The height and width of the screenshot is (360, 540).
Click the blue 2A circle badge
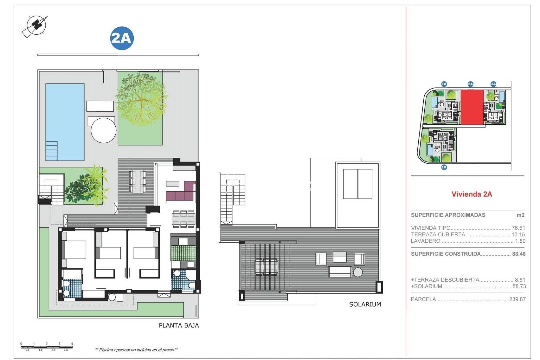(122, 38)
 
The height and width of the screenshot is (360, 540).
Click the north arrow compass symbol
(35, 26)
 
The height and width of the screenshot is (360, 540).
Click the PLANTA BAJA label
(179, 326)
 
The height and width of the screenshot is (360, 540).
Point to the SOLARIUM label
(365, 304)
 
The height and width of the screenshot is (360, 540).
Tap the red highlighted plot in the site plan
(472, 107)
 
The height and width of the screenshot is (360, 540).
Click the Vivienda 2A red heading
(471, 194)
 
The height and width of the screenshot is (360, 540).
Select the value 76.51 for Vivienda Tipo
(518, 228)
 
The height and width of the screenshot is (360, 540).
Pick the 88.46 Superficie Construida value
(518, 254)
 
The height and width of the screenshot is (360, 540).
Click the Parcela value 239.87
(517, 299)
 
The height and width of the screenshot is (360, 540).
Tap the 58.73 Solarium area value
(519, 286)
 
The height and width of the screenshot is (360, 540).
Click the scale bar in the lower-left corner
(46, 347)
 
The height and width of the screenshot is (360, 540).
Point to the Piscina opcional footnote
(136, 350)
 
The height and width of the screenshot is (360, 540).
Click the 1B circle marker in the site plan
(444, 167)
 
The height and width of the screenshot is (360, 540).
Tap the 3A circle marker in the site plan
(493, 84)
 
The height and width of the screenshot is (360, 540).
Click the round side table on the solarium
(358, 272)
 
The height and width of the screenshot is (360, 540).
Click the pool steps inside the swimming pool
(51, 151)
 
